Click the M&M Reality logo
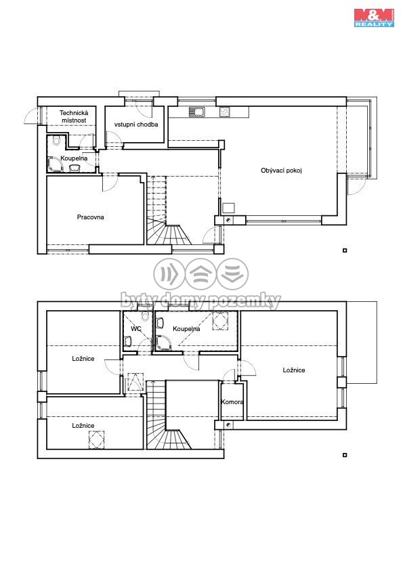(374, 18)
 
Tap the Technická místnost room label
(74, 116)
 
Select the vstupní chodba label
(136, 125)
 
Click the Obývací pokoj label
(281, 170)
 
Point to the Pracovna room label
(90, 217)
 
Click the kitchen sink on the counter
(197, 112)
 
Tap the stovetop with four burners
(225, 112)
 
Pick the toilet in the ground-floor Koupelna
(56, 140)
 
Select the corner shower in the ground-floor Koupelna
(56, 165)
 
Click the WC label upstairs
(135, 328)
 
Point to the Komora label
(232, 402)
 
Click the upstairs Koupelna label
(186, 328)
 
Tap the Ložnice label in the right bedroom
(294, 370)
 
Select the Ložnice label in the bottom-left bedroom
(83, 425)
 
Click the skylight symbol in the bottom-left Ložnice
(96, 439)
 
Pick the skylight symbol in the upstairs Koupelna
(220, 321)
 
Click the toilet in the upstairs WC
(146, 316)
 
